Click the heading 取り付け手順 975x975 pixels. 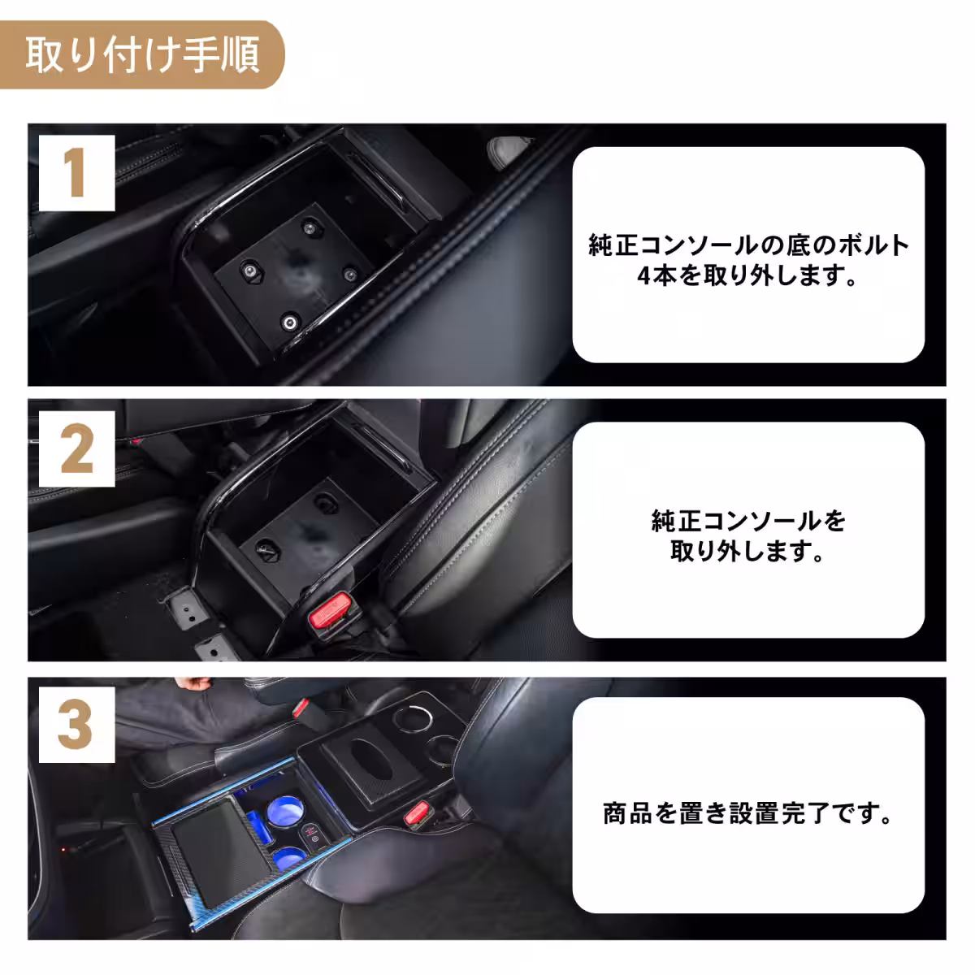pyautogui.click(x=142, y=55)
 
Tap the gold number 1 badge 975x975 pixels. pyautogui.click(x=76, y=173)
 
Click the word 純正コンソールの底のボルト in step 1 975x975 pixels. pyautogui.click(x=748, y=245)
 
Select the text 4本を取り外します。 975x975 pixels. pyautogui.click(x=748, y=276)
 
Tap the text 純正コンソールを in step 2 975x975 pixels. pyautogui.click(x=748, y=520)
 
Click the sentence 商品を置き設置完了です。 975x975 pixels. pyautogui.click(x=748, y=813)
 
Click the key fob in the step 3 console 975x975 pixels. pyautogui.click(x=308, y=837)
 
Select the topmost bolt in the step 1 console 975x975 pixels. pyautogui.click(x=308, y=225)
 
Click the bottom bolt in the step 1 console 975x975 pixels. pyautogui.click(x=289, y=323)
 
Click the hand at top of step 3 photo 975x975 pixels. pyautogui.click(x=197, y=685)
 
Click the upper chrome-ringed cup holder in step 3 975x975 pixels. pyautogui.click(x=405, y=719)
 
